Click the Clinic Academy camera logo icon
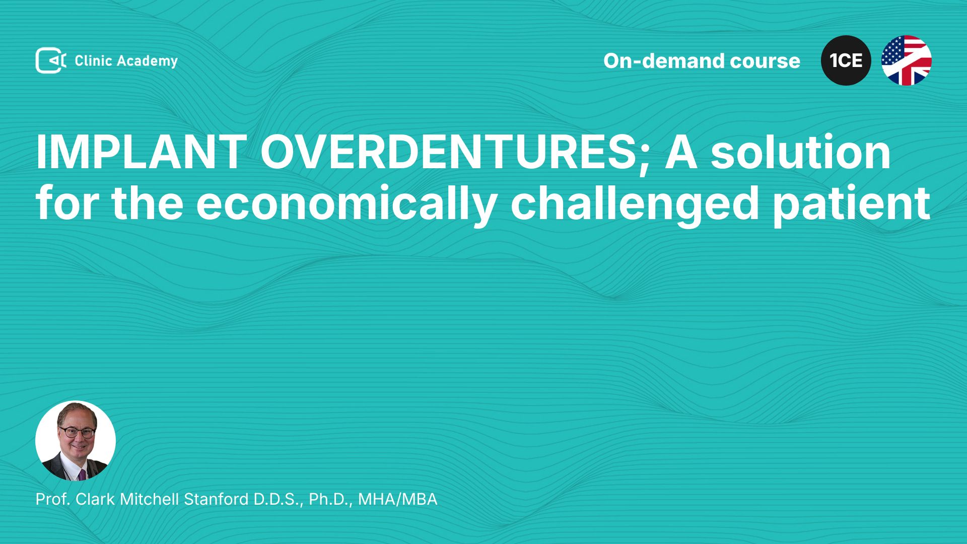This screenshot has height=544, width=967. [x=51, y=60]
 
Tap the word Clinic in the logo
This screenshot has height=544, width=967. [x=93, y=60]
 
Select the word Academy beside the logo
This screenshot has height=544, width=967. [x=148, y=61]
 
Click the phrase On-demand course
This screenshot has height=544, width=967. [x=702, y=60]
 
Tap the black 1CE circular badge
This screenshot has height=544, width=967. [x=846, y=60]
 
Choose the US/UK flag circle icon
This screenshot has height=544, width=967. [x=907, y=60]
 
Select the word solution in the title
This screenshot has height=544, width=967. [x=800, y=152]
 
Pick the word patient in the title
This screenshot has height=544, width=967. [x=851, y=203]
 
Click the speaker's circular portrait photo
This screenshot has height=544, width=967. [x=76, y=441]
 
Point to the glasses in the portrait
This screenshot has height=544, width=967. [x=77, y=432]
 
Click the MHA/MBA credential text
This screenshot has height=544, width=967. [x=397, y=499]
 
